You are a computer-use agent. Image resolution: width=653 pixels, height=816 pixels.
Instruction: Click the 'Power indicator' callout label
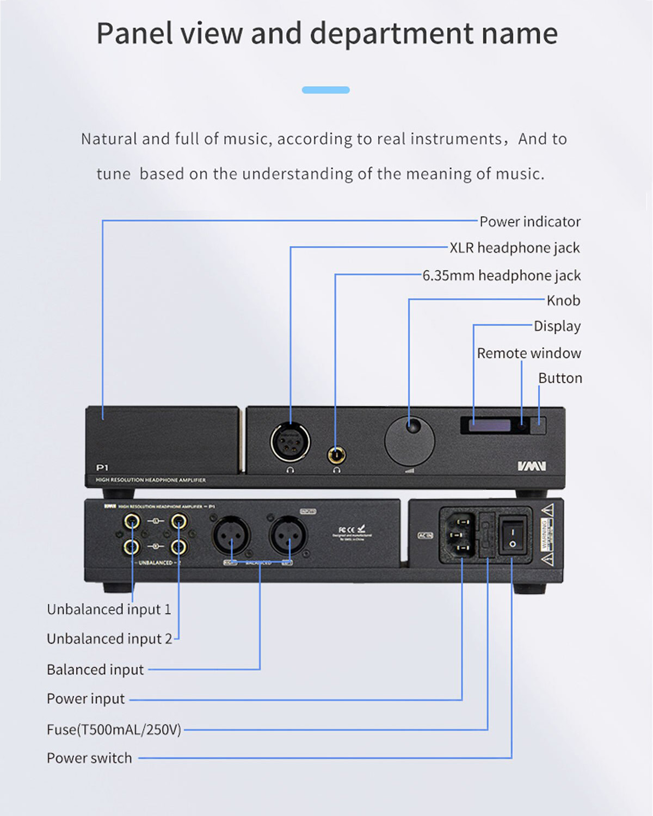529,222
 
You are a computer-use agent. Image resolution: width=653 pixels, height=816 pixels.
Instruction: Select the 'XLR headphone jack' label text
514,248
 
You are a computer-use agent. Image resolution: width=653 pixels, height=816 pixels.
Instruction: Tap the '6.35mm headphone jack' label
501,276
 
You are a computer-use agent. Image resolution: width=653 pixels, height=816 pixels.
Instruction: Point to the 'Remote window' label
529,354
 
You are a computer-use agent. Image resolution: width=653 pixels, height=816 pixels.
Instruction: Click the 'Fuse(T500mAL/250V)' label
114,730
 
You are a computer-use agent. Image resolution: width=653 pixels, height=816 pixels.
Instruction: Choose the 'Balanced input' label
95,670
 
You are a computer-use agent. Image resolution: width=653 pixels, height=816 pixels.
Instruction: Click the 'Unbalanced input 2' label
109,639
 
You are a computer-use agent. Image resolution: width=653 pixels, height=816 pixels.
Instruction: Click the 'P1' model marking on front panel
102,467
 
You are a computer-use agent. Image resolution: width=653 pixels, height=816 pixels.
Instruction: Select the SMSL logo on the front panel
531,466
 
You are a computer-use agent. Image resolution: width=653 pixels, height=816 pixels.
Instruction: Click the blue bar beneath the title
325,90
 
